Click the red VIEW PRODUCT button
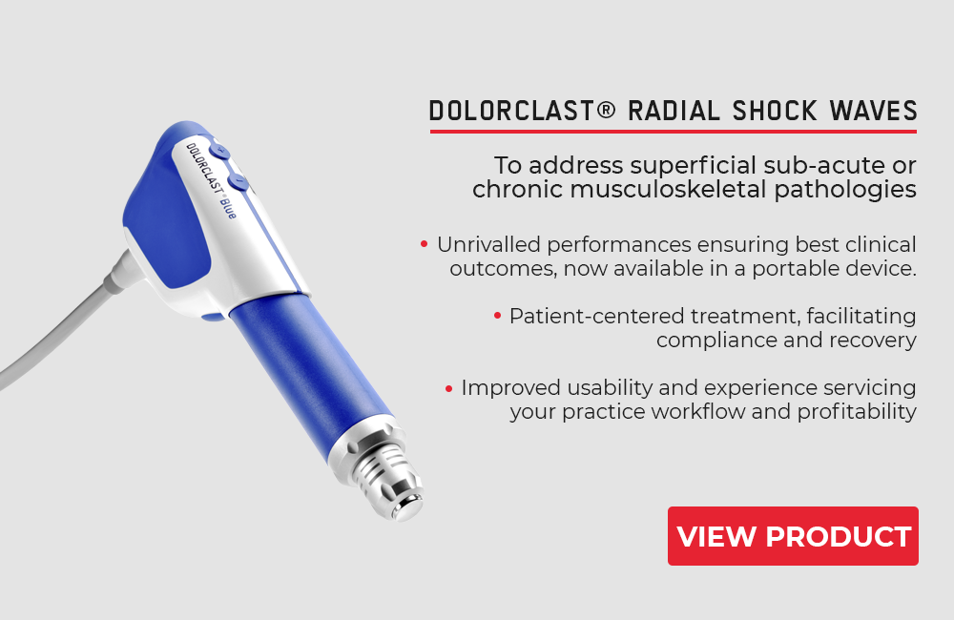point(793,536)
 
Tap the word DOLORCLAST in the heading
point(511,112)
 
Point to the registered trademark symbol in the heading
point(606,110)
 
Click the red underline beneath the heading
point(673,131)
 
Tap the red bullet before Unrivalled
point(425,244)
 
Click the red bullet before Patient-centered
point(497,316)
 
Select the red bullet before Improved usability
point(448,388)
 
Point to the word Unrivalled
point(488,244)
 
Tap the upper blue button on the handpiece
point(219,151)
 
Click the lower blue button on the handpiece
point(238,181)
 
